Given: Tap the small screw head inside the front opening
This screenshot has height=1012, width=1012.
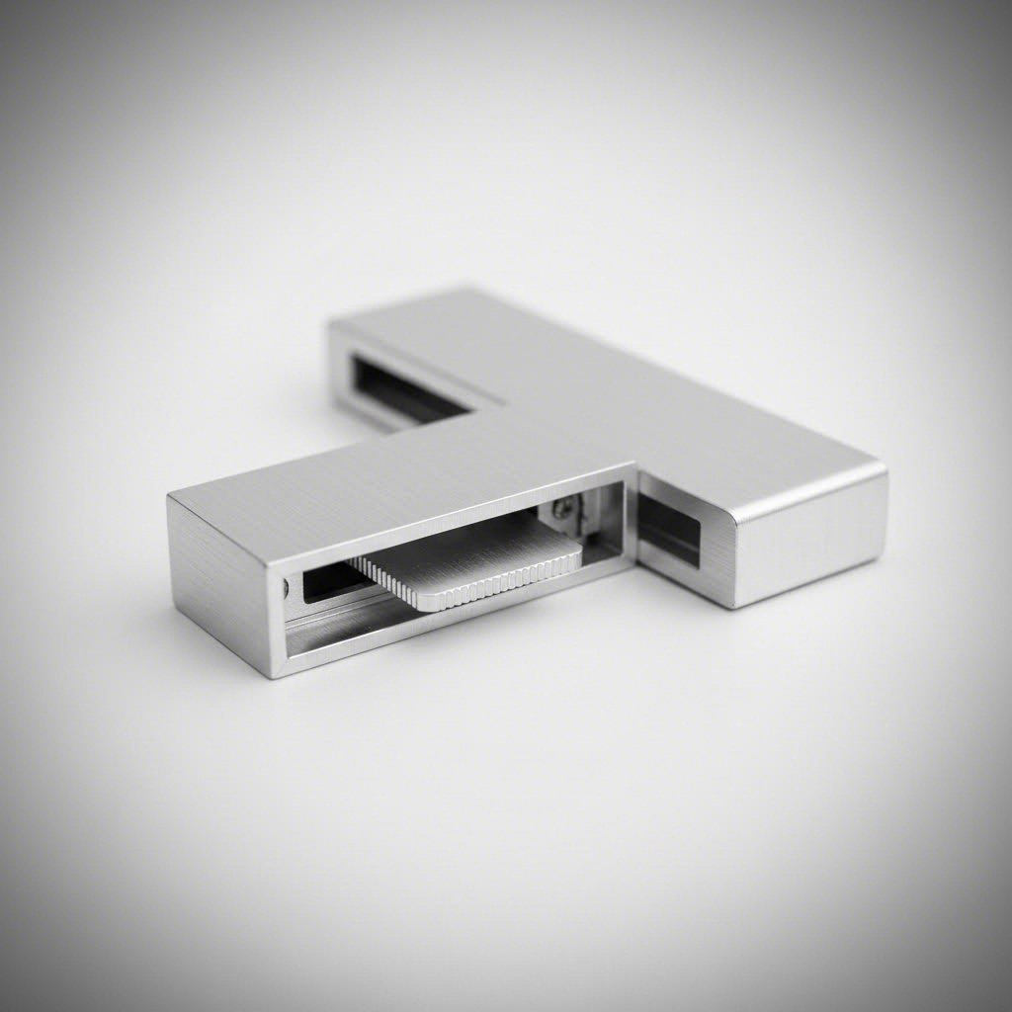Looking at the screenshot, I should (562, 508).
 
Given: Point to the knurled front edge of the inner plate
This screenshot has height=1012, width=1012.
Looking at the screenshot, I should (464, 588).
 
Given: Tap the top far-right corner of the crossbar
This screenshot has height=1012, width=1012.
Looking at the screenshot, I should (884, 467).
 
